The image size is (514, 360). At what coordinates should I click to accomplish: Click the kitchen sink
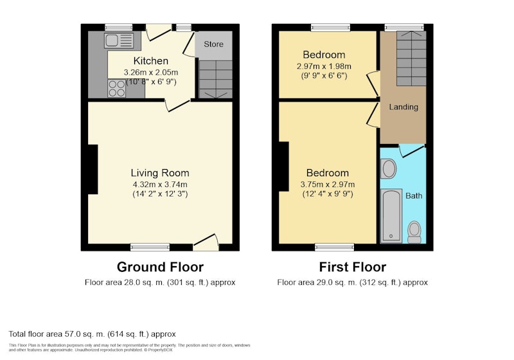pos(119,40)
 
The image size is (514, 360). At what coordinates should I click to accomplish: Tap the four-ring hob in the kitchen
pos(117,89)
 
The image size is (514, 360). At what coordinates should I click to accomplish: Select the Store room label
pos(213,44)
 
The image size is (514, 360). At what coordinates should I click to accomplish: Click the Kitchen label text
pos(151,60)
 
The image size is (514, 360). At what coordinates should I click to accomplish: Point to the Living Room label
pos(160,173)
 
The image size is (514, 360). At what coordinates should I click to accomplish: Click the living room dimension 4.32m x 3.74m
pos(160,184)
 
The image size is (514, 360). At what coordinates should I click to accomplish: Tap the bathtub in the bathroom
pos(391,215)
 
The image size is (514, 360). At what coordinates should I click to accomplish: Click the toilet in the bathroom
pos(414,232)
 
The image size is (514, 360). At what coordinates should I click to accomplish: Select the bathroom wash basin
pos(389,168)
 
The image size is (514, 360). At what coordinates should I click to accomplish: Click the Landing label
pos(403,107)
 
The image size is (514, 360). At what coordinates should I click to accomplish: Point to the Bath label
pos(414,195)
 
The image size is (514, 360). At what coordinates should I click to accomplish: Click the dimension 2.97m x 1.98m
pos(324,66)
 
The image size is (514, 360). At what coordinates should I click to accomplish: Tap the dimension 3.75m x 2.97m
pos(328,184)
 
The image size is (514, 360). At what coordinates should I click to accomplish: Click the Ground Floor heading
pos(160,267)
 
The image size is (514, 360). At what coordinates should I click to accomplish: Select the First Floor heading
pos(352,267)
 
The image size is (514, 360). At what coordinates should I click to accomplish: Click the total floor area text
pos(92,334)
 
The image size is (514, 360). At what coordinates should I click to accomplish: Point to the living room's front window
pos(150,248)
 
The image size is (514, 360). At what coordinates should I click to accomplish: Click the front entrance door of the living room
pos(206,243)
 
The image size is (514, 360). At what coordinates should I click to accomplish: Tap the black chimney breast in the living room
pos(93,169)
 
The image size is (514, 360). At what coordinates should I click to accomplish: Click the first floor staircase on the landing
pos(411,59)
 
